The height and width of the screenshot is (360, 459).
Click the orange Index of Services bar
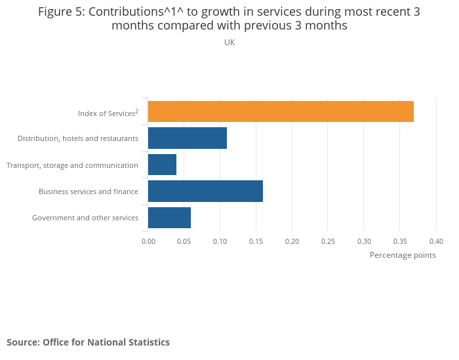(281, 112)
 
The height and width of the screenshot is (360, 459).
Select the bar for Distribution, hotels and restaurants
(188, 138)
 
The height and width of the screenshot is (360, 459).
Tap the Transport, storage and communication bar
(162, 165)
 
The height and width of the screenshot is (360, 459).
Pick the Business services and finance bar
(205, 191)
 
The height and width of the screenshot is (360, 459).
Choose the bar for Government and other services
(169, 217)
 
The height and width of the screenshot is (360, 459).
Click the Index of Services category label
(108, 113)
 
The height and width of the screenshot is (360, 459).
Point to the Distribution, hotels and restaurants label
(78, 138)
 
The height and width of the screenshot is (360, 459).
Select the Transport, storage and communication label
(72, 165)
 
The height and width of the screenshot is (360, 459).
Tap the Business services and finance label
(89, 191)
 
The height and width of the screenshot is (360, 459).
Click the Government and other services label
(85, 218)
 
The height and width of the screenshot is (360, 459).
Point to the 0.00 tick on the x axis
(148, 241)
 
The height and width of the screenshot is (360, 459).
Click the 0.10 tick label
(220, 241)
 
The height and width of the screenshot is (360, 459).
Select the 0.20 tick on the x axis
(292, 241)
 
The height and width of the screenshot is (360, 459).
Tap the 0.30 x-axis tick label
(364, 241)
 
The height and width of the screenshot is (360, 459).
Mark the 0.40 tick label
(436, 241)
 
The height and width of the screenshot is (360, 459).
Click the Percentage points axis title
(403, 255)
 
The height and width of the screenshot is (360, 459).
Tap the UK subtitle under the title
(229, 43)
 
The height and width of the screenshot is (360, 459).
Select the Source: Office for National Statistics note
(88, 342)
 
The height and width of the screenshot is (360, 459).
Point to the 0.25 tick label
(328, 241)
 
